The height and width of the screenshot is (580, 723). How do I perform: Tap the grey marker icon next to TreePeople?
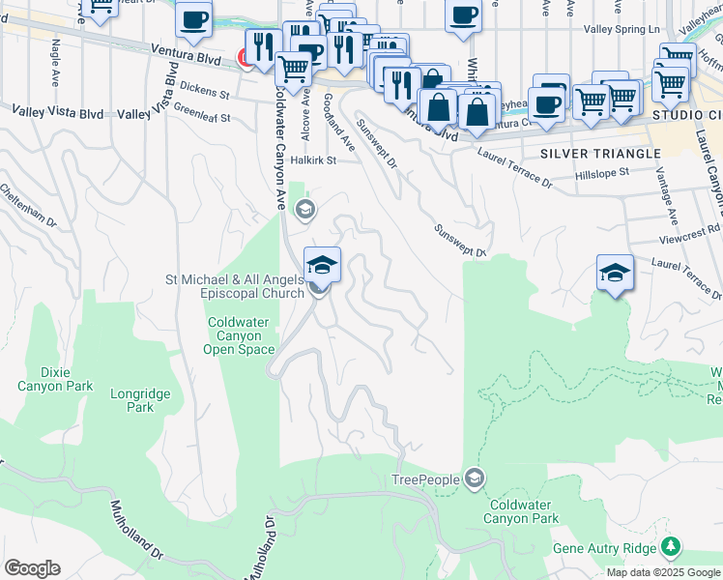[x=475, y=478]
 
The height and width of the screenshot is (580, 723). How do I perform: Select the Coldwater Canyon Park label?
[x=524, y=511]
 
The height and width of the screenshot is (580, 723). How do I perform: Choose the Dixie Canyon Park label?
[x=55, y=378]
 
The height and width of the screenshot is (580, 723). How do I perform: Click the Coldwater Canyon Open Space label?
[x=242, y=335]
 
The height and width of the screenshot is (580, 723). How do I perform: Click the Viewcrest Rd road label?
[x=694, y=229]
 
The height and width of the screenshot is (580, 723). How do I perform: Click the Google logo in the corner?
[x=32, y=568]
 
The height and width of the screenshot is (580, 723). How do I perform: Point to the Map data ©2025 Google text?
[x=663, y=572]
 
